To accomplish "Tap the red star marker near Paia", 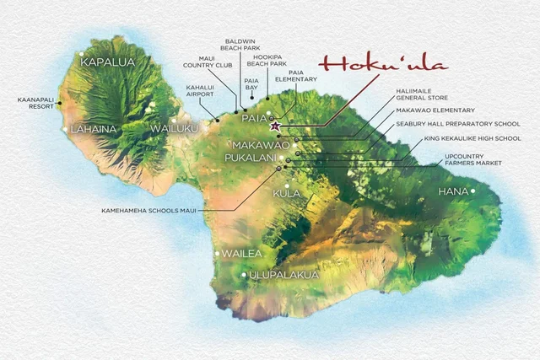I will pyautogui.click(x=274, y=126).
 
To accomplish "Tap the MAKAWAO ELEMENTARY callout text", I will pyautogui.click(x=435, y=110).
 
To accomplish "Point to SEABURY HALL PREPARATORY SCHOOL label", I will pyautogui.click(x=445, y=123).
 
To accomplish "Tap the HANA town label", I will pyautogui.click(x=453, y=192).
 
